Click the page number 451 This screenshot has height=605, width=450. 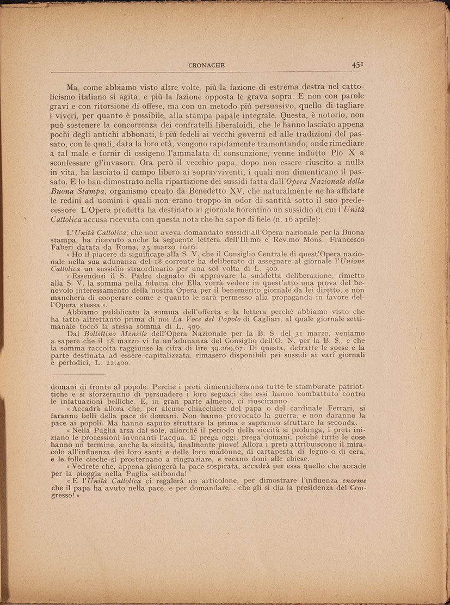click(x=357, y=64)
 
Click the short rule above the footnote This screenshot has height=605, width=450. click(x=77, y=374)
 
